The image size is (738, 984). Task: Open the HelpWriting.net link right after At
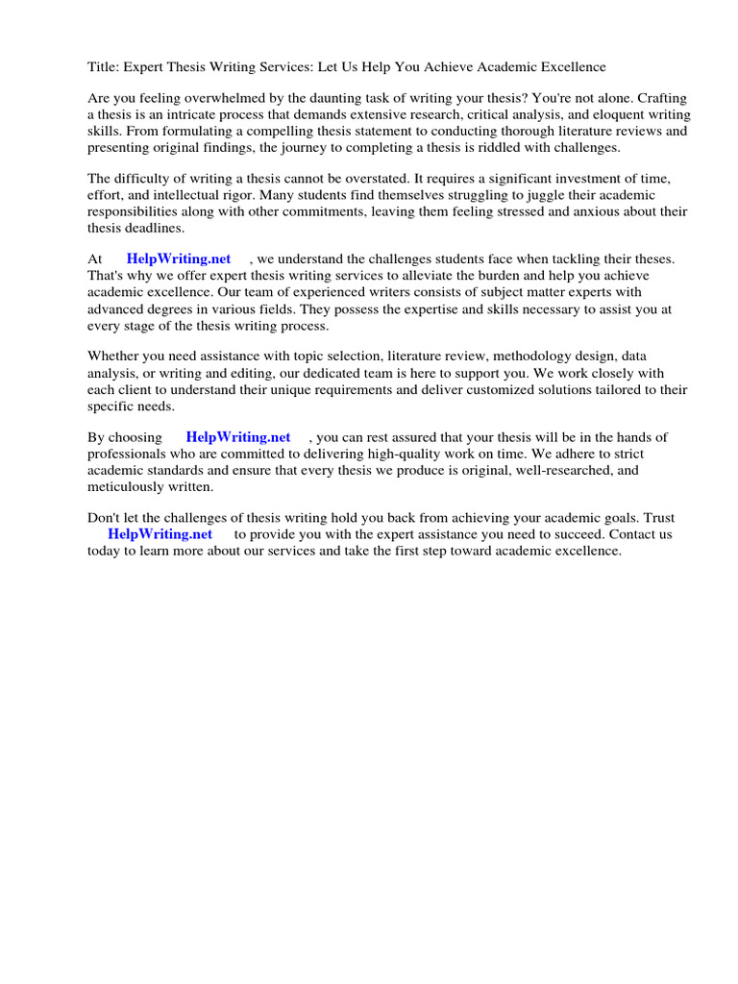179,259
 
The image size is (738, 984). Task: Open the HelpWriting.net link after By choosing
238,437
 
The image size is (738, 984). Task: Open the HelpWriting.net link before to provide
160,534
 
